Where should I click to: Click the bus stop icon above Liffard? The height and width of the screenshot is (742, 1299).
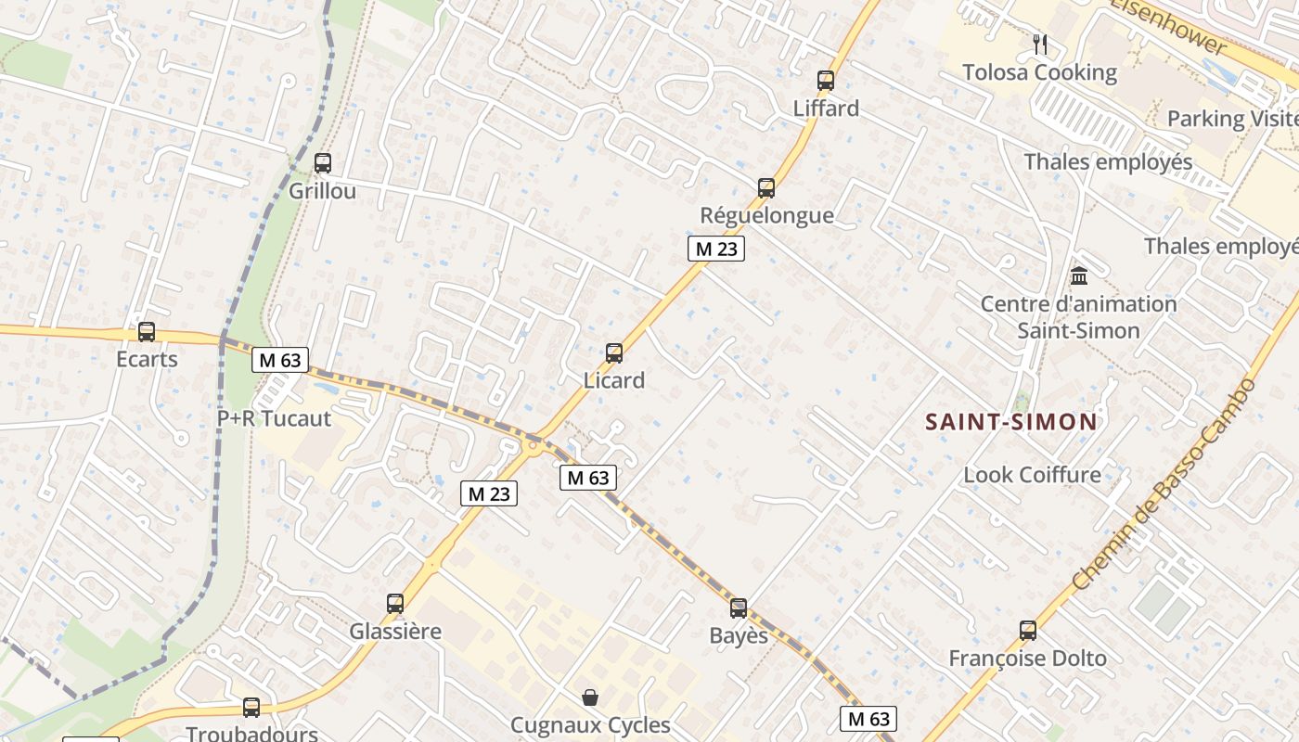click(825, 81)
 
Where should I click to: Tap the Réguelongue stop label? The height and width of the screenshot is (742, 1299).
click(766, 216)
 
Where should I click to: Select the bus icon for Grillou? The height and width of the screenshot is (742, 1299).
click(322, 163)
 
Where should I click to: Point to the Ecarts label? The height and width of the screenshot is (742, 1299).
click(147, 359)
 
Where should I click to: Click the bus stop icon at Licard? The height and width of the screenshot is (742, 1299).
click(613, 353)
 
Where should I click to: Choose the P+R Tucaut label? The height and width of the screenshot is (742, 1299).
click(274, 418)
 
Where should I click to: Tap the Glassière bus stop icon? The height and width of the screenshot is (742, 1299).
click(395, 604)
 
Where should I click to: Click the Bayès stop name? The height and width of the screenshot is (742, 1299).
click(739, 635)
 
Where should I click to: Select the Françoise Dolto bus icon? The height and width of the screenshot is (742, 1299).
click(1027, 631)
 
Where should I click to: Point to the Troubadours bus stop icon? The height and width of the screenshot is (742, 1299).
click(251, 707)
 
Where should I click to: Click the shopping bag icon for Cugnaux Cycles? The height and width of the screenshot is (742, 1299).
click(589, 697)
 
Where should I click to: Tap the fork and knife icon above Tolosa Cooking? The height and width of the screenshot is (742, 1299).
click(1039, 44)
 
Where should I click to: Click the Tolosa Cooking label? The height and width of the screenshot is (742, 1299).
click(1039, 72)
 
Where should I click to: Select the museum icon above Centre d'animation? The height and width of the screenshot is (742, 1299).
click(1078, 275)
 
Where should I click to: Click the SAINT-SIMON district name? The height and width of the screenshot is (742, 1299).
click(1011, 422)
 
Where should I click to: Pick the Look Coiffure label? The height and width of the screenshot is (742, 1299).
click(1032, 475)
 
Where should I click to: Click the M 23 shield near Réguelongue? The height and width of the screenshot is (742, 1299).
click(716, 249)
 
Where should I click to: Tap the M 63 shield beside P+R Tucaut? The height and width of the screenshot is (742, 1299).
click(279, 360)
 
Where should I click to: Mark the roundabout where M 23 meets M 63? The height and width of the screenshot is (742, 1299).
click(533, 446)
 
